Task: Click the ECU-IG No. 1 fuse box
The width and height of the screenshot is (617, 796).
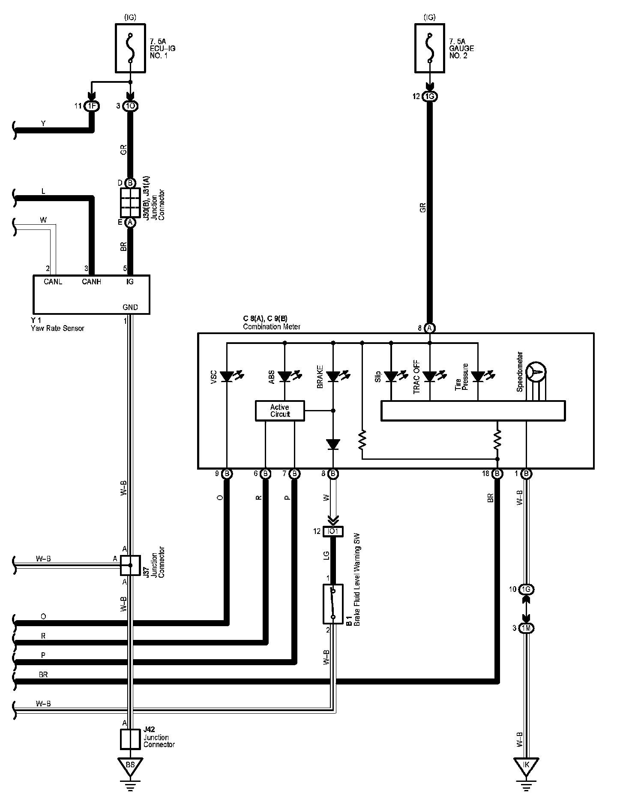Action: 130,48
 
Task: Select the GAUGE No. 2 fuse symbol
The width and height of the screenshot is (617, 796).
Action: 430,48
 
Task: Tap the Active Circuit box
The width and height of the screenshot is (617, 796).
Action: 280,411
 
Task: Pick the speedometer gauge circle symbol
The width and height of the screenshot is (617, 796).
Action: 536,371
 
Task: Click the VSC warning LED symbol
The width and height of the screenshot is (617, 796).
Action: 227,377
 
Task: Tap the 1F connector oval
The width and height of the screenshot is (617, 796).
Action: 91,106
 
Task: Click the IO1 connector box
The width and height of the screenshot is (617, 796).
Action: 333,531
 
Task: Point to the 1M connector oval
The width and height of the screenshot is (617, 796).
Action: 527,629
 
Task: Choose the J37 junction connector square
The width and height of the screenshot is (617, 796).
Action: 130,565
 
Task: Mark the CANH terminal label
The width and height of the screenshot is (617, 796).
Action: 91,282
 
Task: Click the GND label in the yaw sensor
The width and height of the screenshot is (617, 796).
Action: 130,307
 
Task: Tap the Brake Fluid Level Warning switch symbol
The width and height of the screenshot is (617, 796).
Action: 333,603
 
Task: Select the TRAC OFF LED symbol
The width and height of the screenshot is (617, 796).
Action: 430,377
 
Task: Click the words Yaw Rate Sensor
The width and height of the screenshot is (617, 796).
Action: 57,329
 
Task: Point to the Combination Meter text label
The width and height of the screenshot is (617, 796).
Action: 272,327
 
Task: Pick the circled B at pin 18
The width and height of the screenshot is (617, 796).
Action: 497,474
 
